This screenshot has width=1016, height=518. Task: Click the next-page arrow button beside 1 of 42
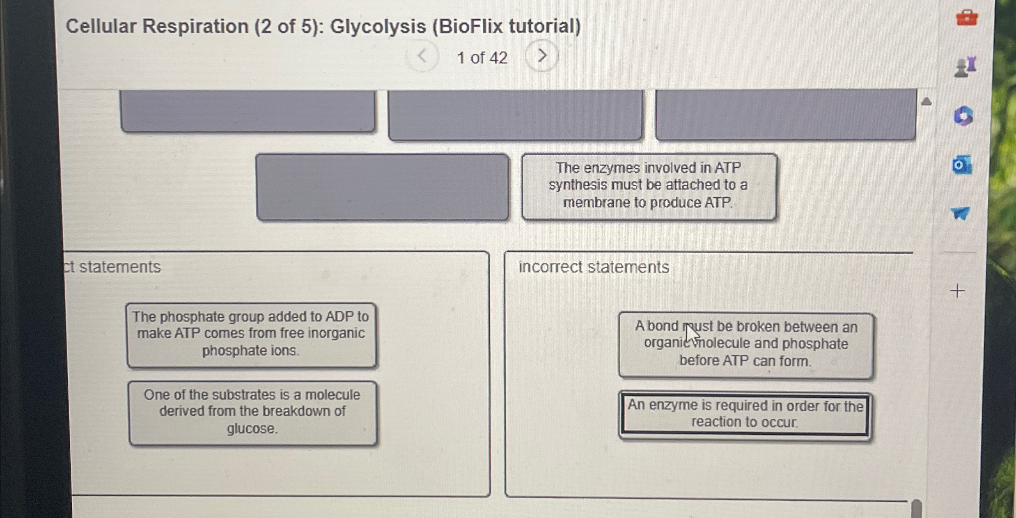(542, 56)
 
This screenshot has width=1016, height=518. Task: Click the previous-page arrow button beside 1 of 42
(422, 56)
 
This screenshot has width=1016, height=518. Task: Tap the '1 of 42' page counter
(482, 58)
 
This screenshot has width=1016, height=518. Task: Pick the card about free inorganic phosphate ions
(251, 334)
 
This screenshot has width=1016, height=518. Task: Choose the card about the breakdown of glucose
(252, 412)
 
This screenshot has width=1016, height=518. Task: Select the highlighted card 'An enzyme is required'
(745, 414)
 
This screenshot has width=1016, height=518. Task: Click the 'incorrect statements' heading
(594, 267)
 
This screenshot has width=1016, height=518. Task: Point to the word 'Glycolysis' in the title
(378, 27)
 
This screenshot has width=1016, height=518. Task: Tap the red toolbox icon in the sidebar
(967, 18)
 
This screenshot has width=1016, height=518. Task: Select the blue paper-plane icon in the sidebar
(960, 213)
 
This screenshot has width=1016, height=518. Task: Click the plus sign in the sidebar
(957, 291)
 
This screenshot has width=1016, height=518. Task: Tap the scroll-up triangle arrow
(927, 101)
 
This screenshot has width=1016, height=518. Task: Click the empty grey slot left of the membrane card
(382, 187)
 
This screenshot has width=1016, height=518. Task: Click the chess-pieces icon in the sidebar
(965, 67)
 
